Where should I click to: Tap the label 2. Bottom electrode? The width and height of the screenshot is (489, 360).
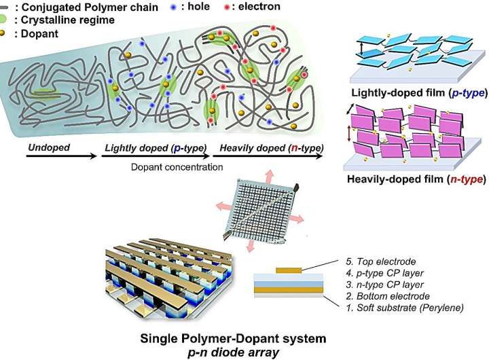(x=384, y=296)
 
